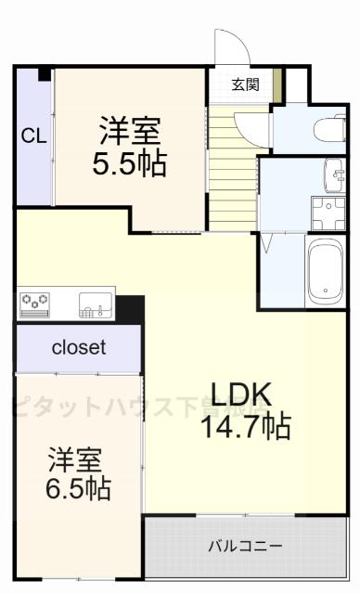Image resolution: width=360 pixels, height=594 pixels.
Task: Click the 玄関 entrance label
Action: (245, 84)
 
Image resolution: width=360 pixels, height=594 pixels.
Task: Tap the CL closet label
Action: (32, 136)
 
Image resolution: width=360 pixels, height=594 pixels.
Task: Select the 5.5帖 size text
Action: (129, 164)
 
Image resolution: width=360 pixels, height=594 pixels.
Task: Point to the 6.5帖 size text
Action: (79, 487)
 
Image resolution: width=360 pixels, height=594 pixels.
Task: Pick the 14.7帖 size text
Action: (245, 427)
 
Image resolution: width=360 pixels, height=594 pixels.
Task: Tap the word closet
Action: (78, 348)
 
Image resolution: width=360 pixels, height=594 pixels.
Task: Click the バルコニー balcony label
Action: (245, 545)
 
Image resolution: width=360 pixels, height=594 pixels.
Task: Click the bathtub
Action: (325, 269)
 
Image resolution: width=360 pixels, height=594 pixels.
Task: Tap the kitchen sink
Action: (96, 302)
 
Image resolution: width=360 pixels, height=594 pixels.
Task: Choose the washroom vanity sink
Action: (333, 172)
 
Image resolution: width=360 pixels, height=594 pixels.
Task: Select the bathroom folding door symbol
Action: (268, 243)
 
